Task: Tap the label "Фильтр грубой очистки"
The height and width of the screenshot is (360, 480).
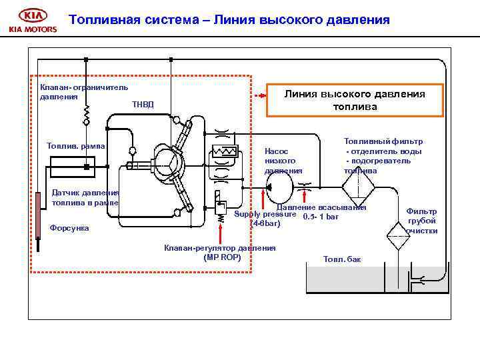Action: click(x=421, y=221)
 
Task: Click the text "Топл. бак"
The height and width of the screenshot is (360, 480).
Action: click(x=341, y=259)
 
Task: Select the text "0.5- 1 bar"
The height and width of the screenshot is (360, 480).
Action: click(x=321, y=216)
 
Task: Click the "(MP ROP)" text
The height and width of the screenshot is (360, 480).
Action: click(x=221, y=257)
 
